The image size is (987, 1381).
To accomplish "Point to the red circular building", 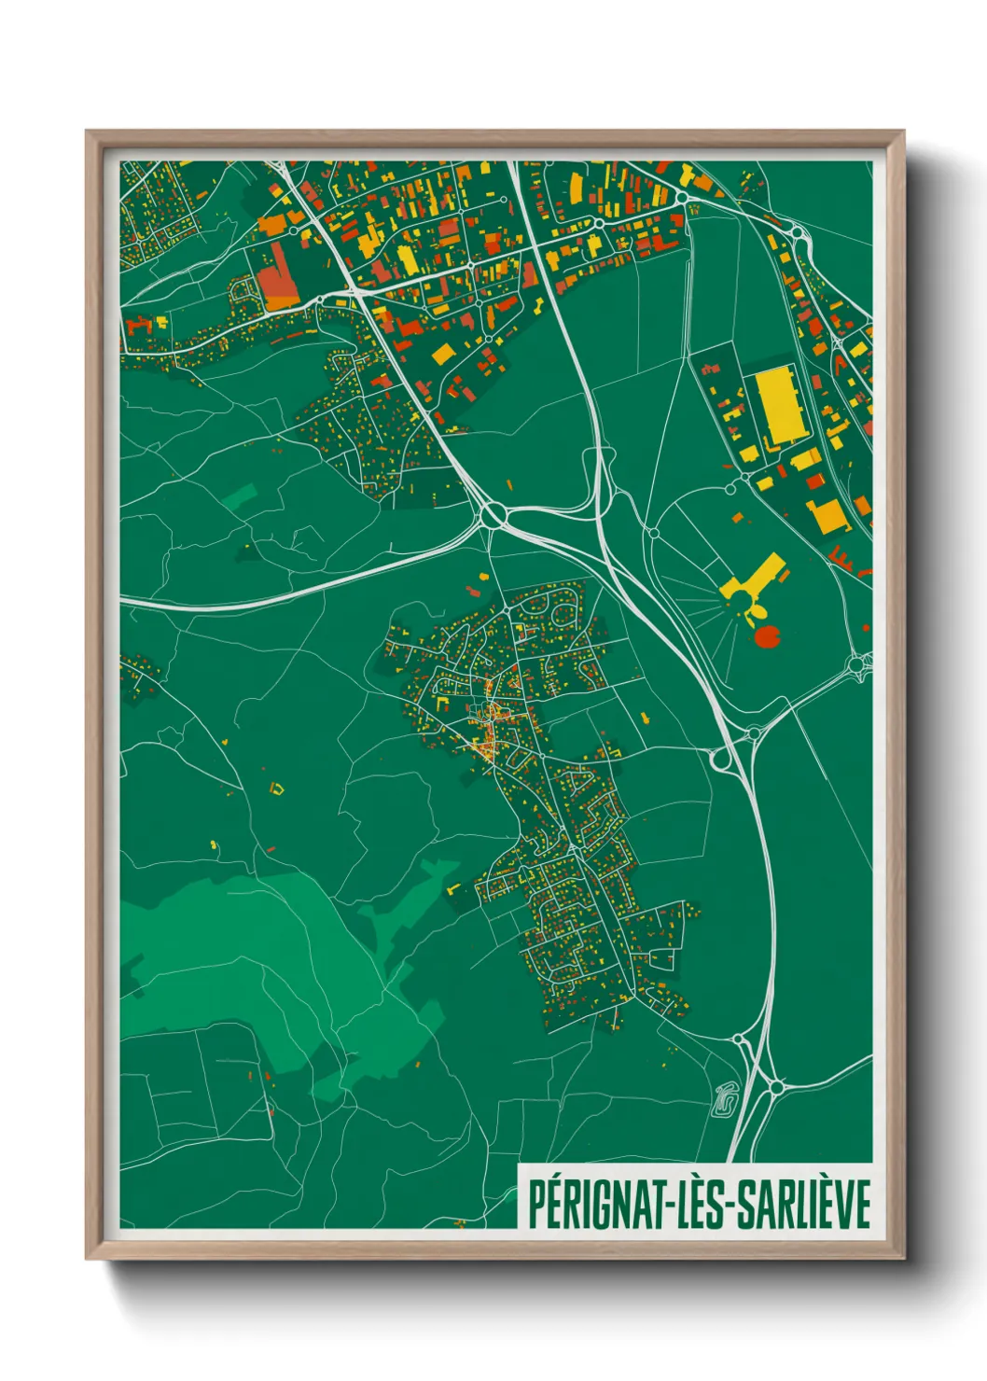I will click(x=767, y=638).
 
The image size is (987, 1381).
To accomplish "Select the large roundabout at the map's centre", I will click(x=493, y=513).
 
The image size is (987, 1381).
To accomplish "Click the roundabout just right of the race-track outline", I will click(x=775, y=1087).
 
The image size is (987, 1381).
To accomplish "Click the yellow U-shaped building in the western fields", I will click(x=276, y=788).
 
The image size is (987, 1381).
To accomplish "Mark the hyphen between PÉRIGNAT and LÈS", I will click(x=668, y=1206).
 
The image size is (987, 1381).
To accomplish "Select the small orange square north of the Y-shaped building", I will click(x=737, y=516).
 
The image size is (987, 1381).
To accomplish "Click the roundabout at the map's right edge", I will click(x=857, y=665).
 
